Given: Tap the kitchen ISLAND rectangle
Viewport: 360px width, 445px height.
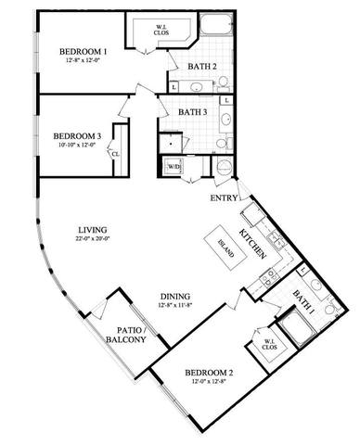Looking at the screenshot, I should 223,247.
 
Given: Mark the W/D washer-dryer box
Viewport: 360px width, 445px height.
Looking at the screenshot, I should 174,167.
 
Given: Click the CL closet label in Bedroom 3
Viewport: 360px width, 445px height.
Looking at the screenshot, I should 115,155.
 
